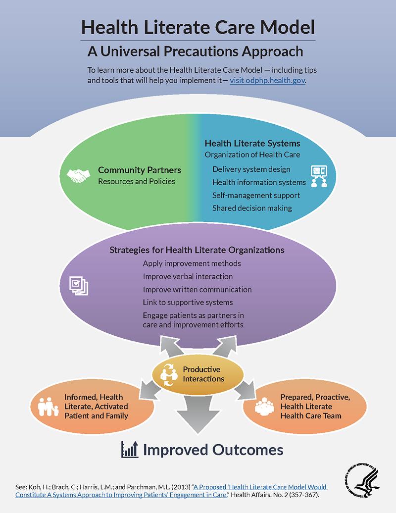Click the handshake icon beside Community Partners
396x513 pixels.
[x=79, y=176]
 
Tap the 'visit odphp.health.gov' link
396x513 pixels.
[x=267, y=80]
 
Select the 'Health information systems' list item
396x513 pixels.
[x=259, y=182]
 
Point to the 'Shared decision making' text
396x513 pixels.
[x=252, y=208]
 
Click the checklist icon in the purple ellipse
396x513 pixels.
[x=79, y=286]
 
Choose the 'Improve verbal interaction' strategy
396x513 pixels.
[x=188, y=276]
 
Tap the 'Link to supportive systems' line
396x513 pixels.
[x=188, y=302]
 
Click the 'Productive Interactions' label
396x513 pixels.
[x=203, y=374]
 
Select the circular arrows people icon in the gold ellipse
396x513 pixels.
[x=169, y=375]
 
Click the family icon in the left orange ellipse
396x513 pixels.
[x=48, y=407]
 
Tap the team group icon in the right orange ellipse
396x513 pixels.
[x=264, y=407]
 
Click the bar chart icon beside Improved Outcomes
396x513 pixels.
[x=130, y=450]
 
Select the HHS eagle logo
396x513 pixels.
[x=362, y=480]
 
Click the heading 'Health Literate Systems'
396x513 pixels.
[x=252, y=143]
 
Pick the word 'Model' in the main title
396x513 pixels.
[x=288, y=27]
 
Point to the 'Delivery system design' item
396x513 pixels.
[x=251, y=169]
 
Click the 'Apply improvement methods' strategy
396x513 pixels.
[x=192, y=263]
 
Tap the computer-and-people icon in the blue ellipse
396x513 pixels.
[x=319, y=176]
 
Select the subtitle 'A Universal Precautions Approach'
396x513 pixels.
[x=195, y=51]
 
